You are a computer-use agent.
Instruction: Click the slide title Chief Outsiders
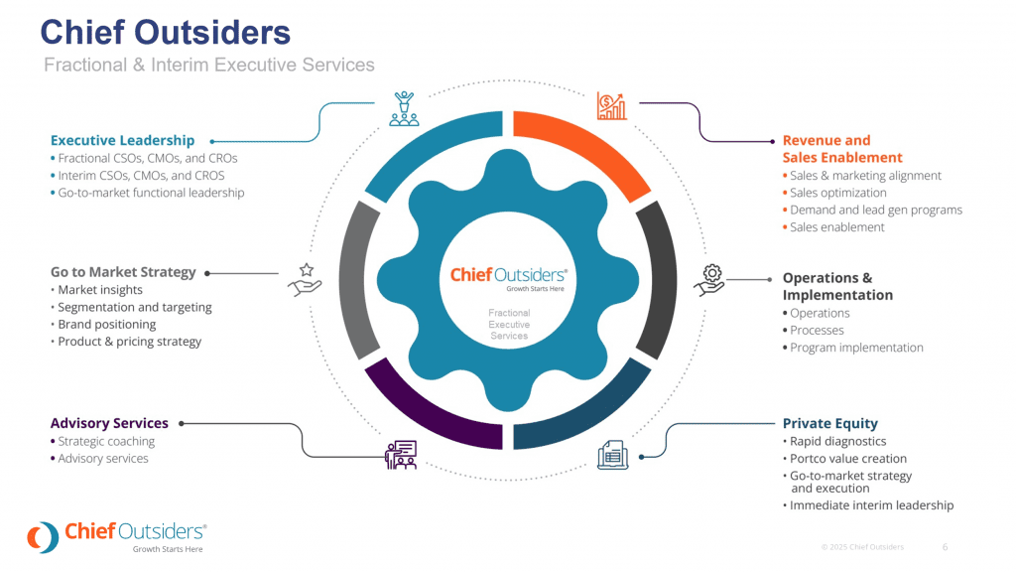pyautogui.click(x=165, y=32)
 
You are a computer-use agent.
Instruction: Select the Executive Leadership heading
pyautogui.click(x=122, y=140)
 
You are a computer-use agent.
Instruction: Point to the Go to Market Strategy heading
pyautogui.click(x=123, y=272)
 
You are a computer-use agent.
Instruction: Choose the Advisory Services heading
pyautogui.click(x=109, y=423)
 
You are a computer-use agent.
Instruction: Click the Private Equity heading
pyautogui.click(x=829, y=423)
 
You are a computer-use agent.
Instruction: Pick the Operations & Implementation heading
pyautogui.click(x=837, y=286)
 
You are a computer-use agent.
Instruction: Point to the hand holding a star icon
pyautogui.click(x=305, y=280)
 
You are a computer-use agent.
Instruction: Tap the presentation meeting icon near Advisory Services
pyautogui.click(x=400, y=454)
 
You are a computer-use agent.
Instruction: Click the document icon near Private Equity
pyautogui.click(x=612, y=455)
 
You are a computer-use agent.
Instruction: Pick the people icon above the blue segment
pyautogui.click(x=403, y=107)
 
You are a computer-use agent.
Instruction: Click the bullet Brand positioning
pyautogui.click(x=107, y=325)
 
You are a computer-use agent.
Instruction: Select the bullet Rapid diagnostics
pyautogui.click(x=837, y=441)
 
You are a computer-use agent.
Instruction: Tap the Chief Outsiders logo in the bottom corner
pyautogui.click(x=117, y=536)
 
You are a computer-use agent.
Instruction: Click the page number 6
pyautogui.click(x=945, y=547)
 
